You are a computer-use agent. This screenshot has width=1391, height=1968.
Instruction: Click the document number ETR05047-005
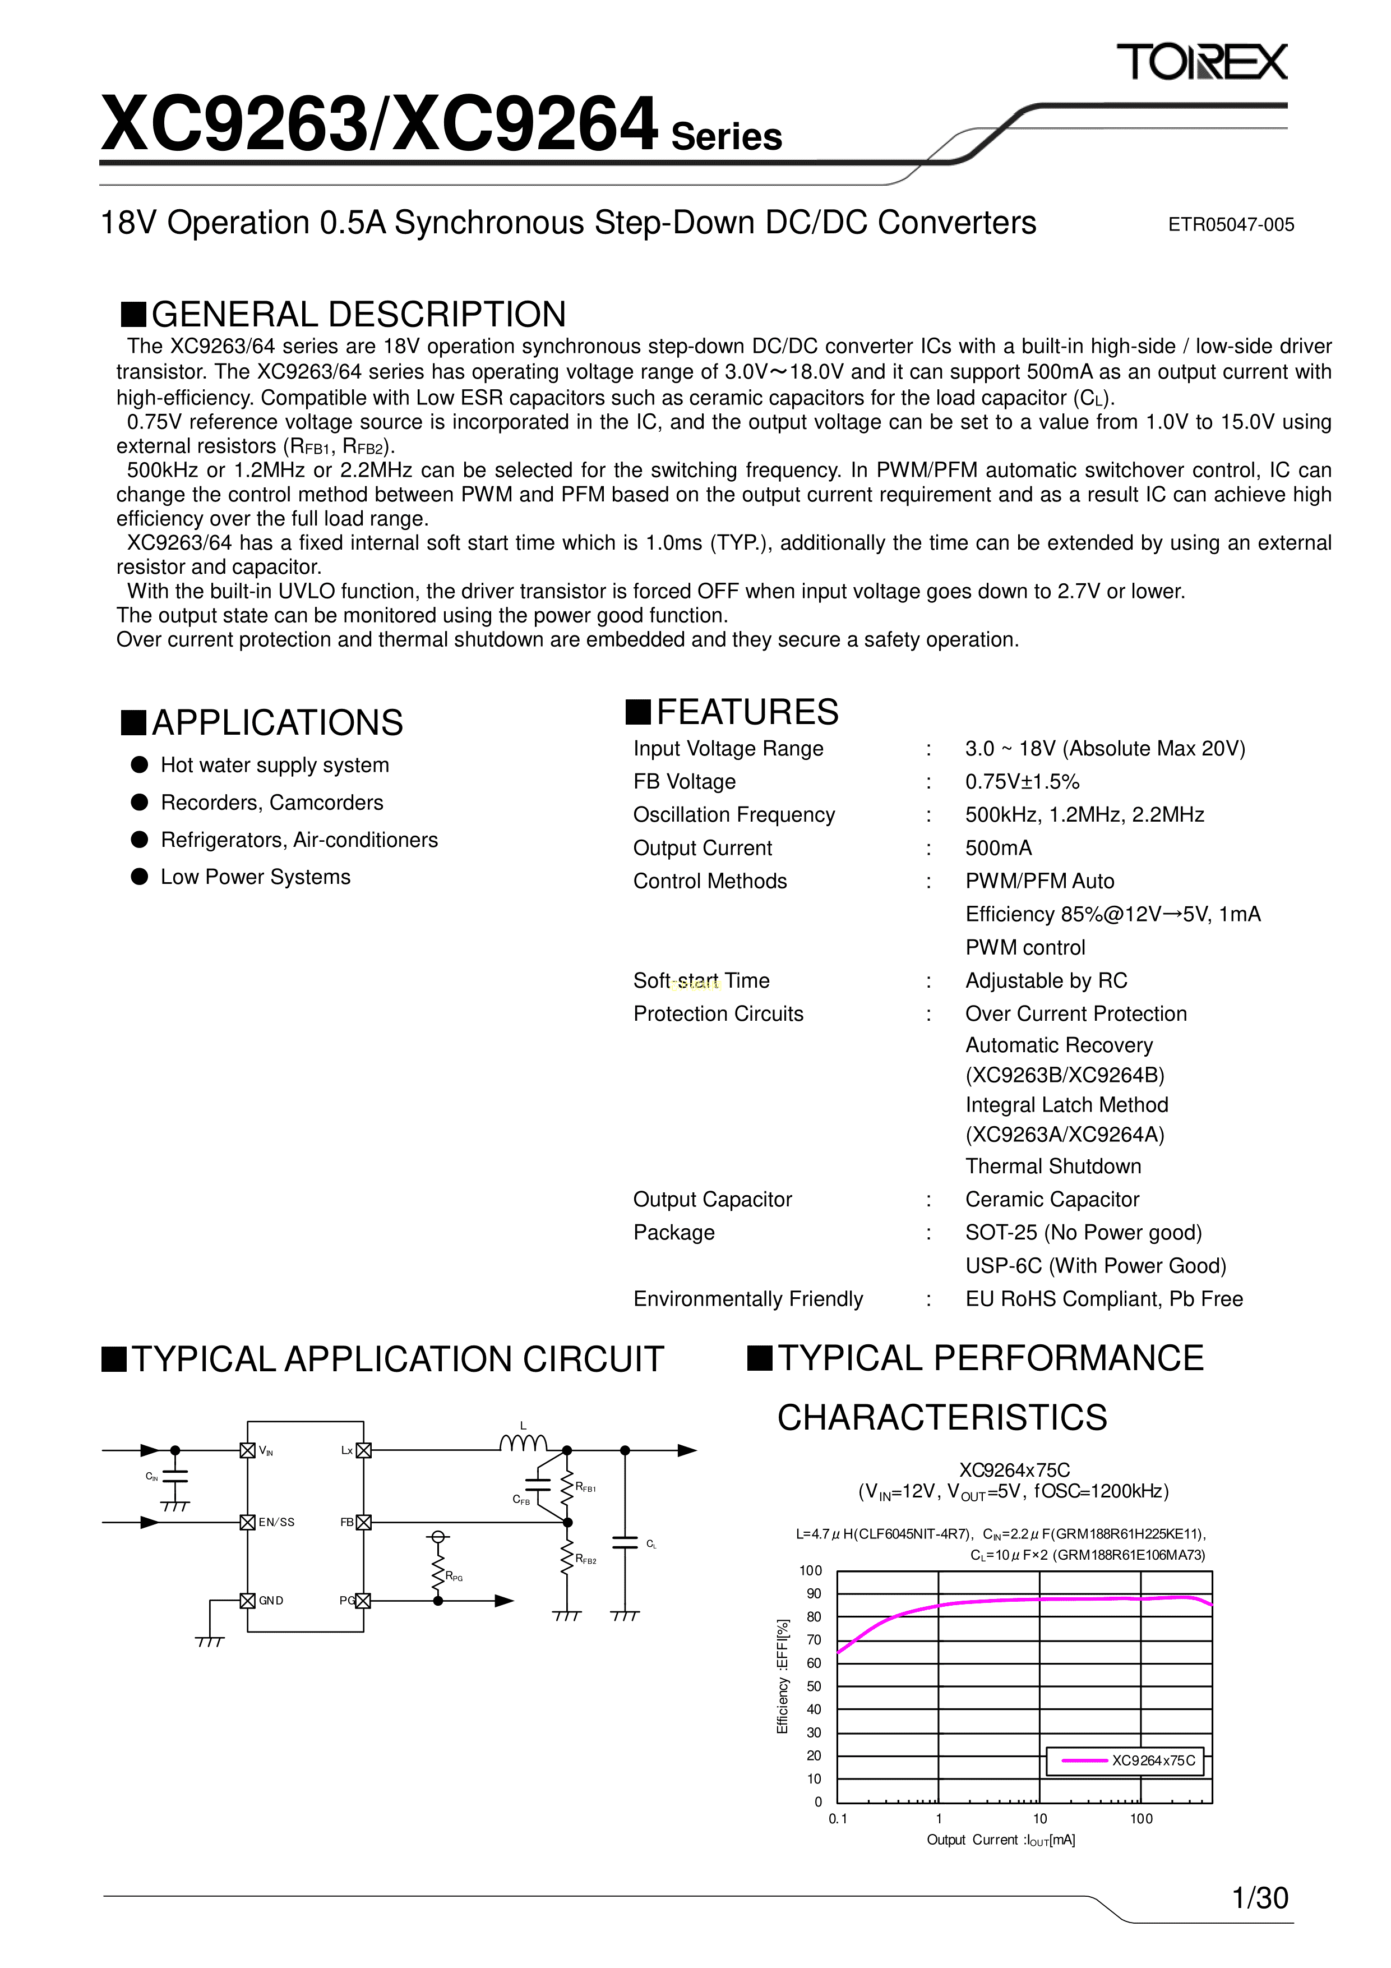click(x=1230, y=224)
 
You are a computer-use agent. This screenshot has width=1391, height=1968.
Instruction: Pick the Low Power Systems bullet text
click(x=256, y=877)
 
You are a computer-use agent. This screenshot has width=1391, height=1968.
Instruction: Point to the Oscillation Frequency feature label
click(x=734, y=814)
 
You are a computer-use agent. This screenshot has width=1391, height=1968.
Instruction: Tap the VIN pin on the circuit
click(x=248, y=1450)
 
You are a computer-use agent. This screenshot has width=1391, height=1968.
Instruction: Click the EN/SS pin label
click(x=276, y=1522)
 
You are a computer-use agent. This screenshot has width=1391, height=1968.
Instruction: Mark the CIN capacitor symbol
click(x=175, y=1476)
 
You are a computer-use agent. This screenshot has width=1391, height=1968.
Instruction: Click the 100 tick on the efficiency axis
click(x=810, y=1570)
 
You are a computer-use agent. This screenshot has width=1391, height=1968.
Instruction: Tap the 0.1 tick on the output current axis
click(x=837, y=1818)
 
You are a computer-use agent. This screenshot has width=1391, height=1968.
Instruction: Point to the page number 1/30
click(x=1259, y=1898)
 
